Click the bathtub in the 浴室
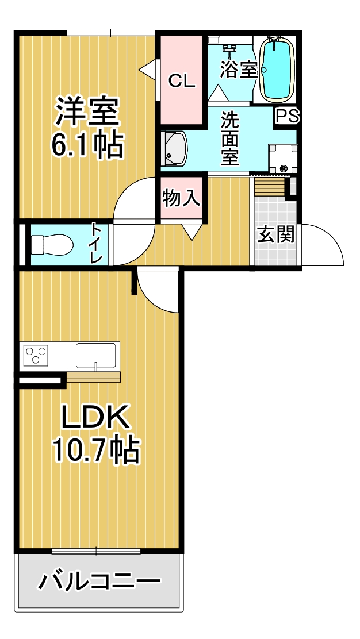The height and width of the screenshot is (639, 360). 277,70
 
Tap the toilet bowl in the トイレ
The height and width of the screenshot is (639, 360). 52,245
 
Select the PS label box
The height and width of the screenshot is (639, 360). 288,116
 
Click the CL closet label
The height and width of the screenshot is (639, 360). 182,82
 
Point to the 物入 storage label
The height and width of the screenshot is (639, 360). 181,198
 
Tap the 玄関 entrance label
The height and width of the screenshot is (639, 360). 276,234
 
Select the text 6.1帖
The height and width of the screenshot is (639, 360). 86,145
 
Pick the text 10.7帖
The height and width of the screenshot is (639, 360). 97,450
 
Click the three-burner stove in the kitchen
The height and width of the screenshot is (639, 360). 36,354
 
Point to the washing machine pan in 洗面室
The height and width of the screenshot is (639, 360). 282,158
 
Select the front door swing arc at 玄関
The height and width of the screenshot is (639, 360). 330,238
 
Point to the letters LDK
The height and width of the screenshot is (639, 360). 95,417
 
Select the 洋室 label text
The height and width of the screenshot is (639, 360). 87,111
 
